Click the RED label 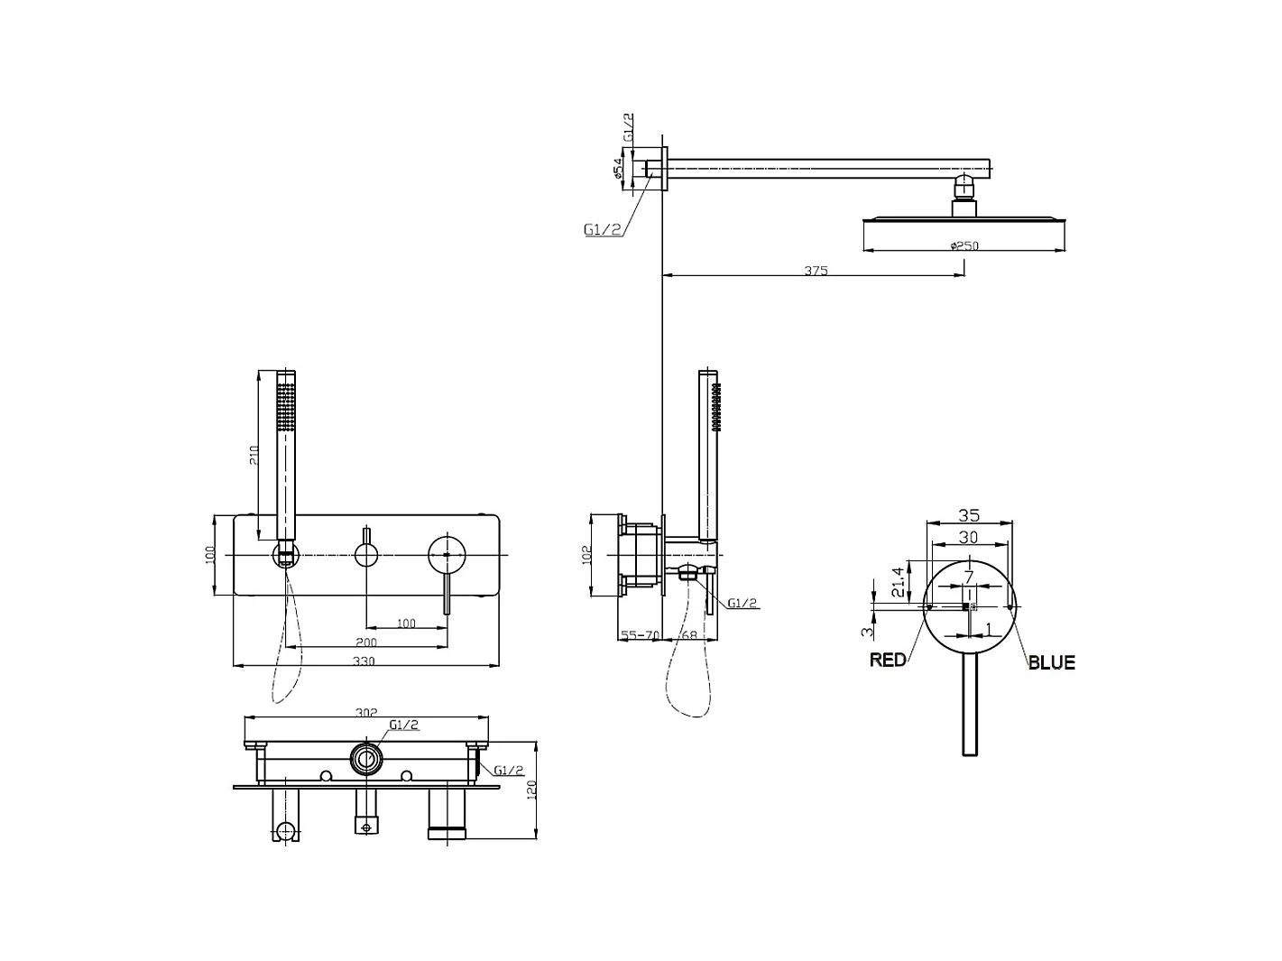[888, 661]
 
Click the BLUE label [1051, 662]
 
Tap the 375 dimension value [816, 270]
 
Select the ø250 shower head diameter [964, 245]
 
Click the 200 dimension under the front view [366, 642]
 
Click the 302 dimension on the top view [365, 713]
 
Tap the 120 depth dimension [531, 790]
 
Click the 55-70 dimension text [640, 636]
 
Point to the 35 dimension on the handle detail [968, 516]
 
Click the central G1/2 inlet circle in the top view [365, 759]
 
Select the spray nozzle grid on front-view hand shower [286, 405]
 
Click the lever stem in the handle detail [969, 704]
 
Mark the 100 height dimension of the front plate [209, 555]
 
